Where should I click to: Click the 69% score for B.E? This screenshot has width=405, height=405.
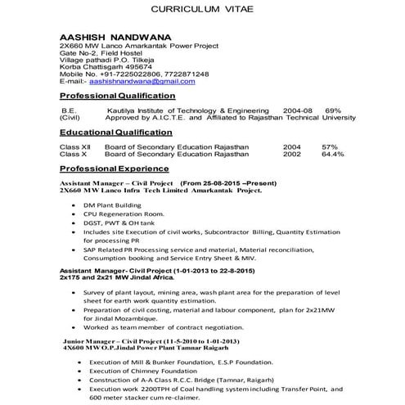coord(333,110)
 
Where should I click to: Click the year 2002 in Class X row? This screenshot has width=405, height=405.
coord(291,153)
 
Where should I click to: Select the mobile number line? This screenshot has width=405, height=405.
coord(134,74)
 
